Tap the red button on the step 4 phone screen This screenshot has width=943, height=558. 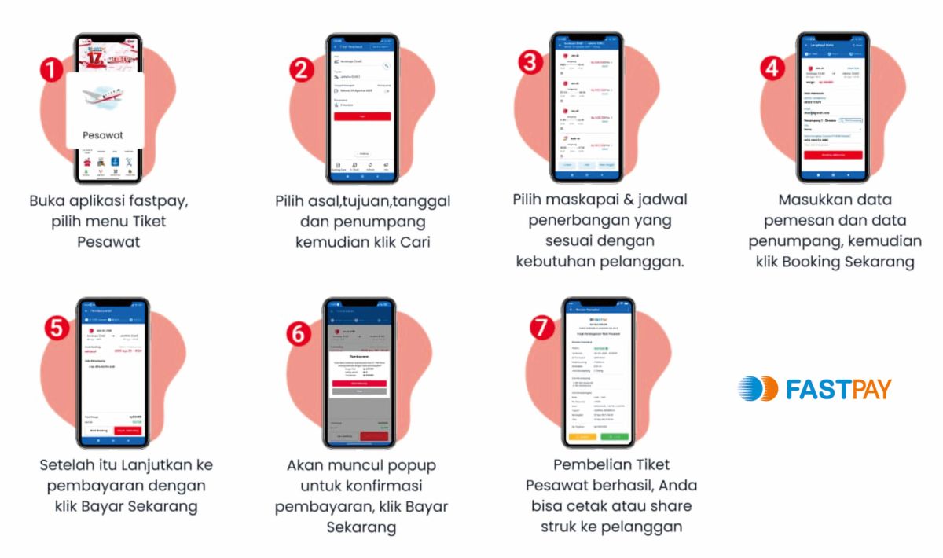pyautogui.click(x=832, y=155)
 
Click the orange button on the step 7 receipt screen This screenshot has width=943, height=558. pyautogui.click(x=584, y=436)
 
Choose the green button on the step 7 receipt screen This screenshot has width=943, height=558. pyautogui.click(x=616, y=436)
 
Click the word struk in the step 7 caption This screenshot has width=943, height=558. pyautogui.click(x=563, y=527)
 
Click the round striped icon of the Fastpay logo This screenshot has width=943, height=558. pyautogui.click(x=757, y=388)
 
